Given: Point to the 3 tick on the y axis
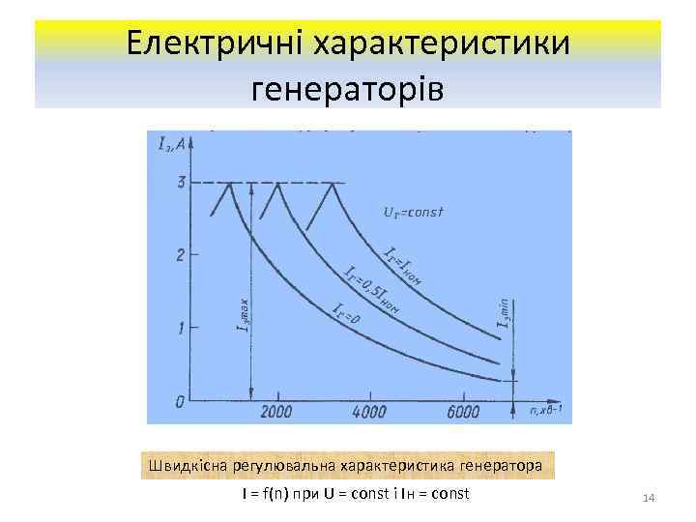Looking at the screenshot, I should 181,183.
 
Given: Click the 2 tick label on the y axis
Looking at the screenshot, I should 181,255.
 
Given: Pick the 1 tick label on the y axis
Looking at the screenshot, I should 181,328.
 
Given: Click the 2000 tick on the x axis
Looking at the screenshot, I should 275,413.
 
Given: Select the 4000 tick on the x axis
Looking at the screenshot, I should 370,413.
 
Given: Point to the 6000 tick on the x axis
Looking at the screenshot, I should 464,413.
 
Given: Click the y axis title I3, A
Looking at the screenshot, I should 172,145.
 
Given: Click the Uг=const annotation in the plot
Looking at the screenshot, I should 415,212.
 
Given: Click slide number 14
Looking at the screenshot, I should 649,497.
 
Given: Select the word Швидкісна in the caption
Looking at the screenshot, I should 182,465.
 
